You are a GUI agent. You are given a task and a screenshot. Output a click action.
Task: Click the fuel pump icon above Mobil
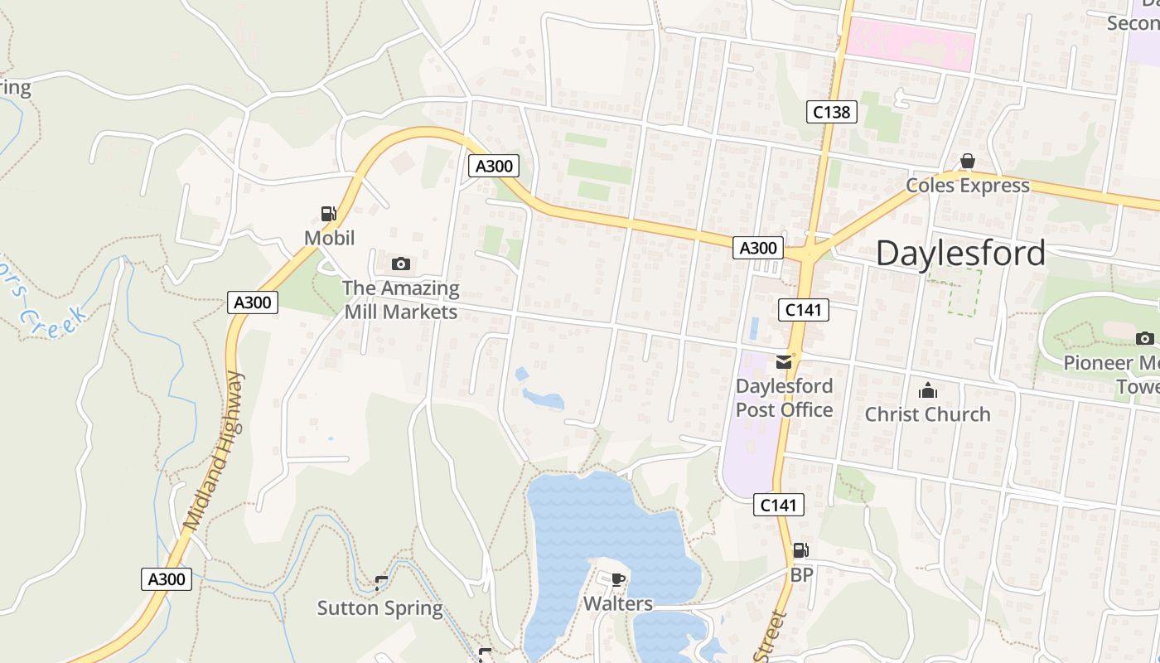coord(329,214)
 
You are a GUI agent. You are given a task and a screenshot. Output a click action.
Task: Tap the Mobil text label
coord(329,239)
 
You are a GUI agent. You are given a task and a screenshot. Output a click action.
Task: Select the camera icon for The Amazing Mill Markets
coord(401,264)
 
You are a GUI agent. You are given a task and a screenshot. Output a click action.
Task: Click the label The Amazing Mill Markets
coord(401,300)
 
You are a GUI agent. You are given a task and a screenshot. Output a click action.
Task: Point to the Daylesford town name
coord(960,254)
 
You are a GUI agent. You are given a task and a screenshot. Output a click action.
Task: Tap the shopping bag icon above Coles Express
coord(967,161)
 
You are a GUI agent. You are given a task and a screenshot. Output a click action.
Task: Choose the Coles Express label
coord(967,186)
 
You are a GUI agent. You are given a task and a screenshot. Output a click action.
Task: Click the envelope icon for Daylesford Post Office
coord(783,361)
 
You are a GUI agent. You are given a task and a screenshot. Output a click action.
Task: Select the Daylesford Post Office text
coord(784,398)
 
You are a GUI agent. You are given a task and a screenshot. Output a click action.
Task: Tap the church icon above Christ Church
coord(928,390)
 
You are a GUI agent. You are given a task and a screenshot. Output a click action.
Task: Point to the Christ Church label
coord(927,414)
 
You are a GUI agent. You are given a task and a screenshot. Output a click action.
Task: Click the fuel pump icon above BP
coord(800,549)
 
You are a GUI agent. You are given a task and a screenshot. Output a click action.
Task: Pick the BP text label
coord(801,574)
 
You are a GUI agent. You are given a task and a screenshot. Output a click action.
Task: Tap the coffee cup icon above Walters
coord(617,578)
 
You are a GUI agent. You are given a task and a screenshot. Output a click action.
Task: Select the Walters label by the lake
coord(618,604)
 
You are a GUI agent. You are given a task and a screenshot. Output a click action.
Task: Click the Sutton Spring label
coord(380,608)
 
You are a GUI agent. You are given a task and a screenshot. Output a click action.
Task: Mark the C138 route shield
coord(830,112)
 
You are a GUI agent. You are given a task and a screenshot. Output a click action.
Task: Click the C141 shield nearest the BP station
coord(779,505)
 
